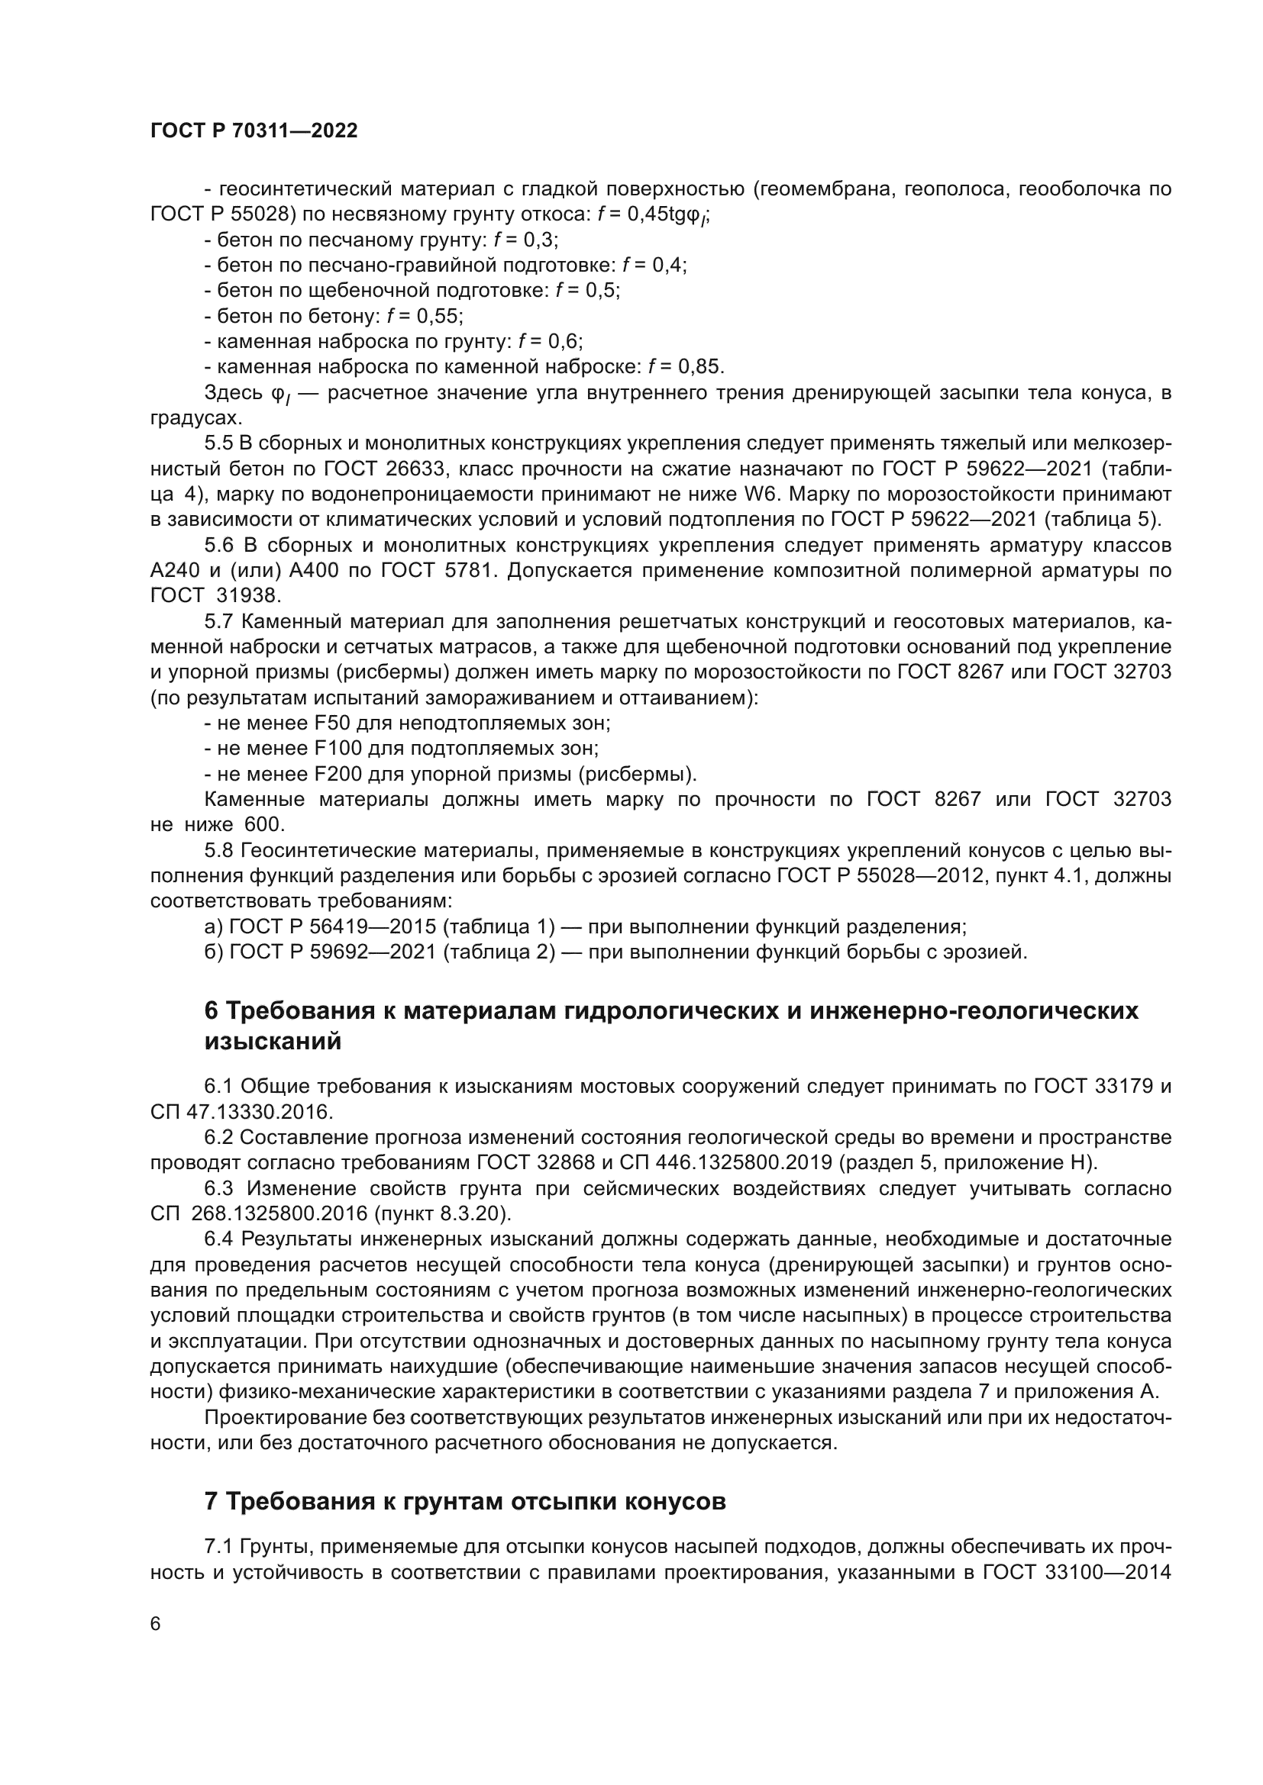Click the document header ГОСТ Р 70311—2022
[x=254, y=130]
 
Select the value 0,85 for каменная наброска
[x=699, y=366]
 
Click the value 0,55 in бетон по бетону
[x=439, y=316]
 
